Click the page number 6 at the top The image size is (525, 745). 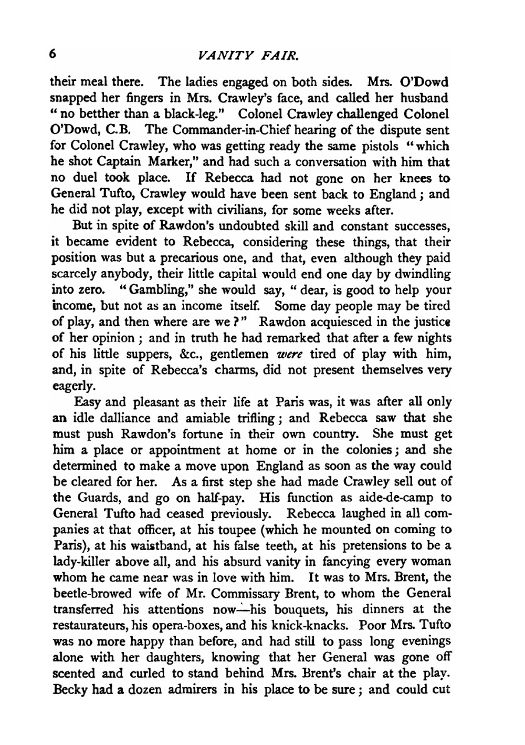click(x=53, y=54)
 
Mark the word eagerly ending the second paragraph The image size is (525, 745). click(x=74, y=387)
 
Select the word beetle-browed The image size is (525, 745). click(x=89, y=594)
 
